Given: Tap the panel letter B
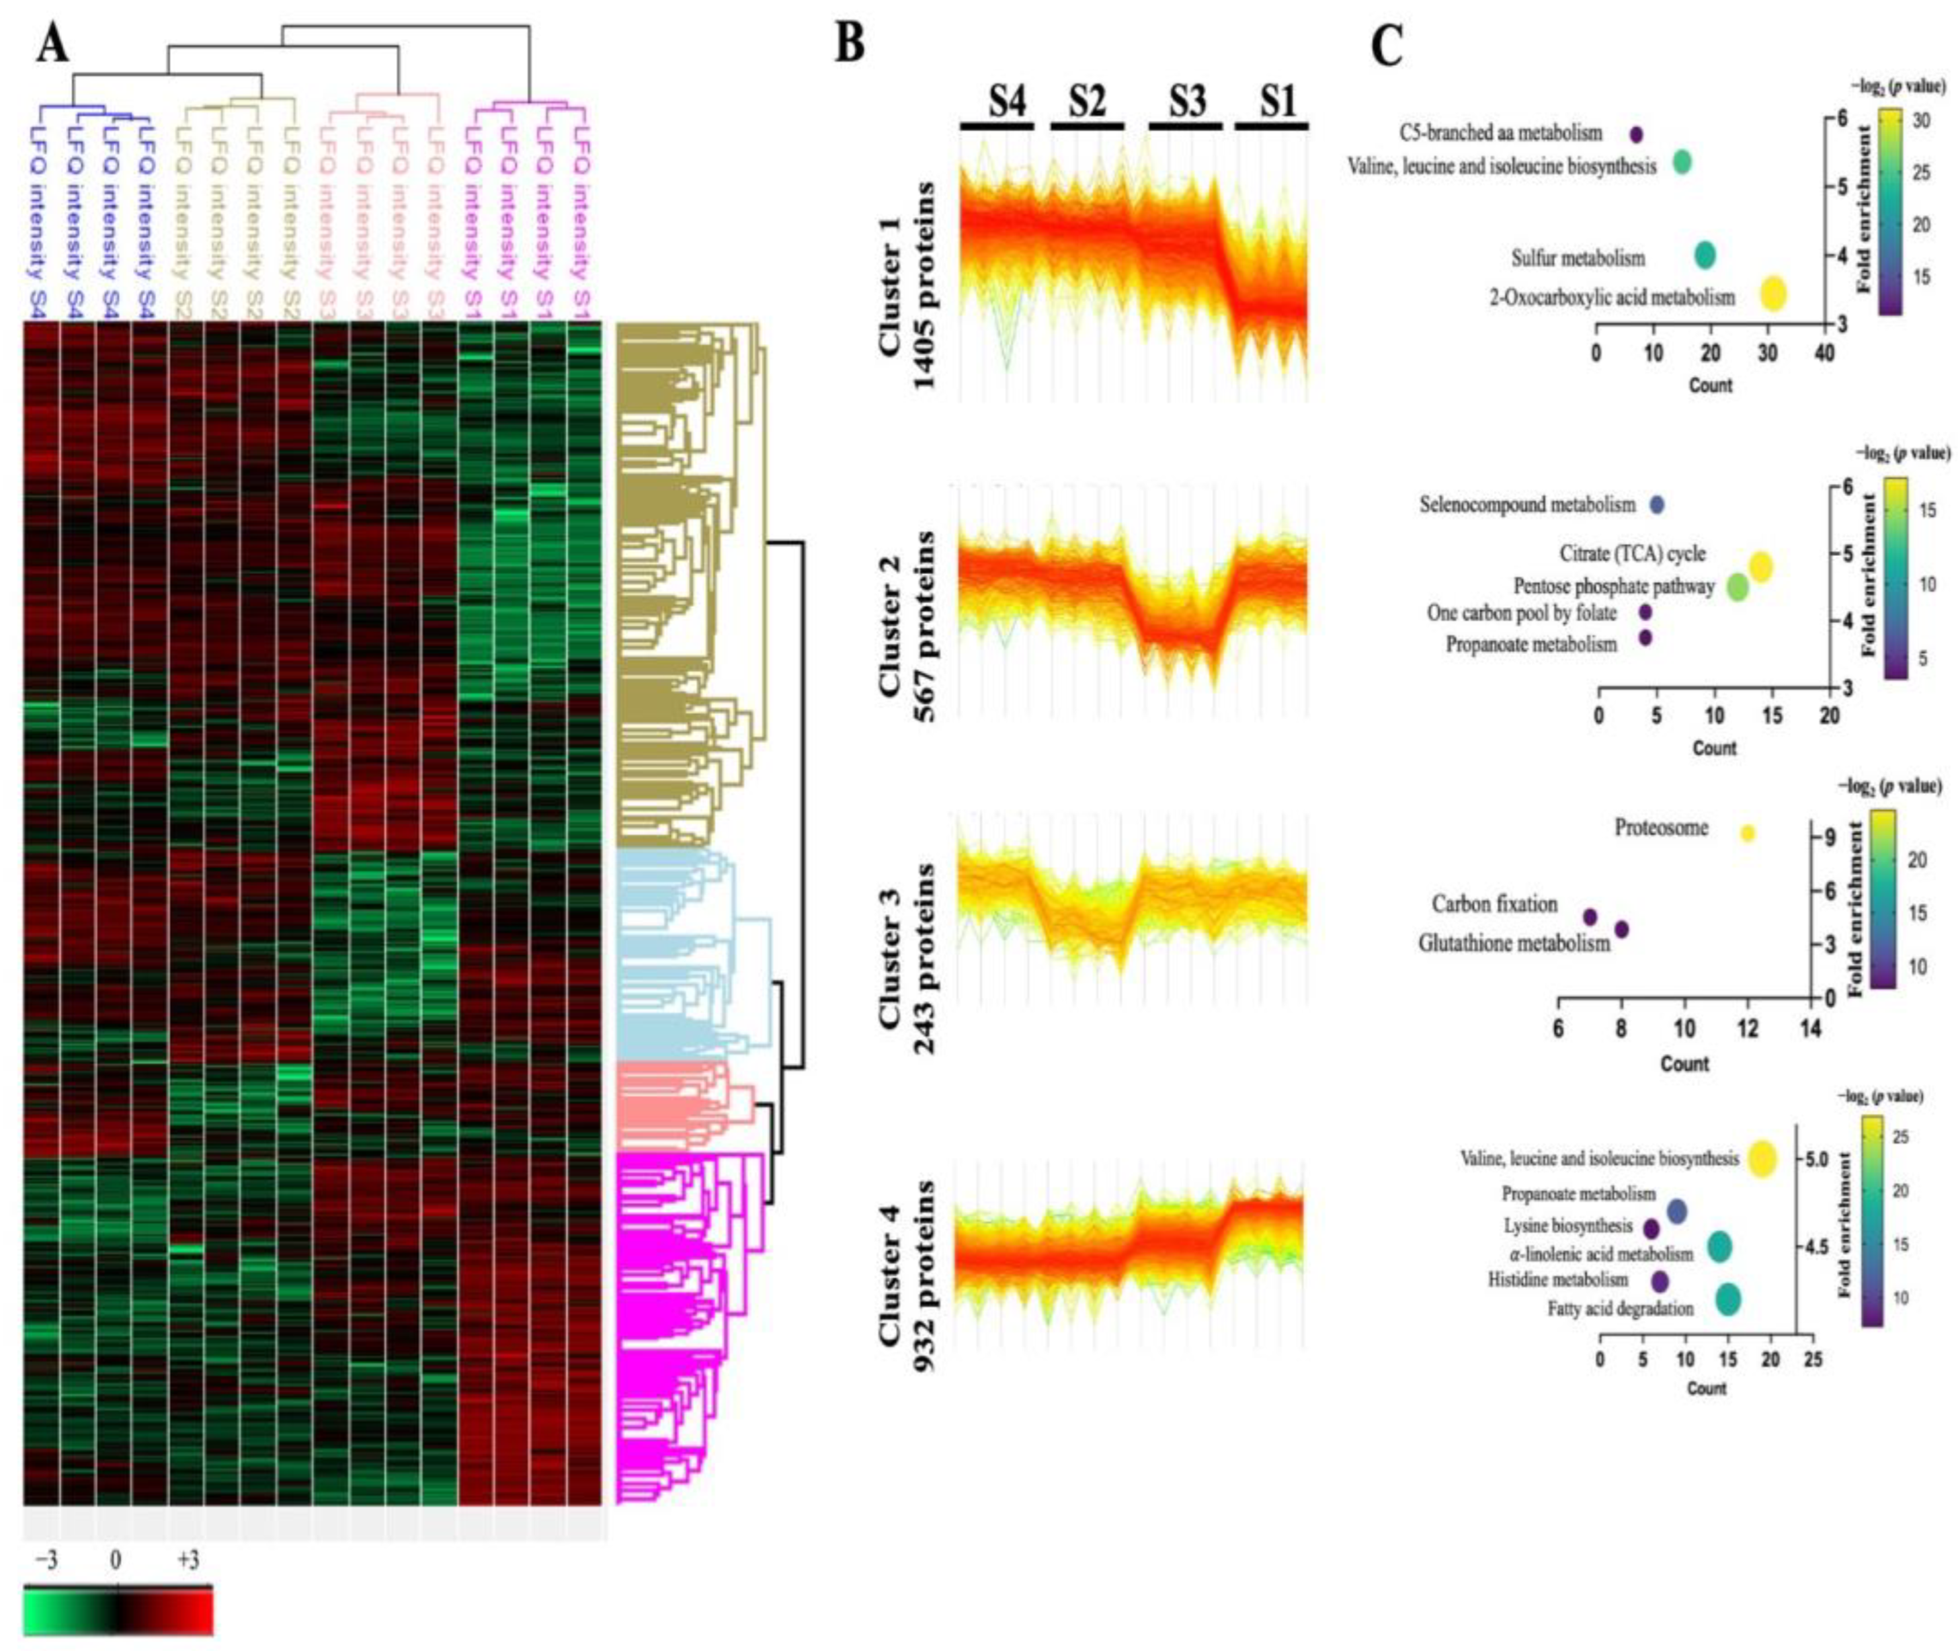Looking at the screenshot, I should [x=849, y=42].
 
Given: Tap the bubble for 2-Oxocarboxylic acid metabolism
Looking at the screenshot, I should [x=1772, y=295].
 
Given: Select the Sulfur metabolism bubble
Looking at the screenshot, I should [x=1705, y=255].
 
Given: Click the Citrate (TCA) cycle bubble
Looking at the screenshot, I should [x=1760, y=567].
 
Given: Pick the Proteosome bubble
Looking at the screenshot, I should [x=1746, y=833].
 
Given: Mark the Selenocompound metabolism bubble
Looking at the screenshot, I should [x=1657, y=504].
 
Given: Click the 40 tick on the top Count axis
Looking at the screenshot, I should [x=1823, y=353].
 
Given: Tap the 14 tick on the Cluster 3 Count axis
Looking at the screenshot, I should [x=1811, y=1031].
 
